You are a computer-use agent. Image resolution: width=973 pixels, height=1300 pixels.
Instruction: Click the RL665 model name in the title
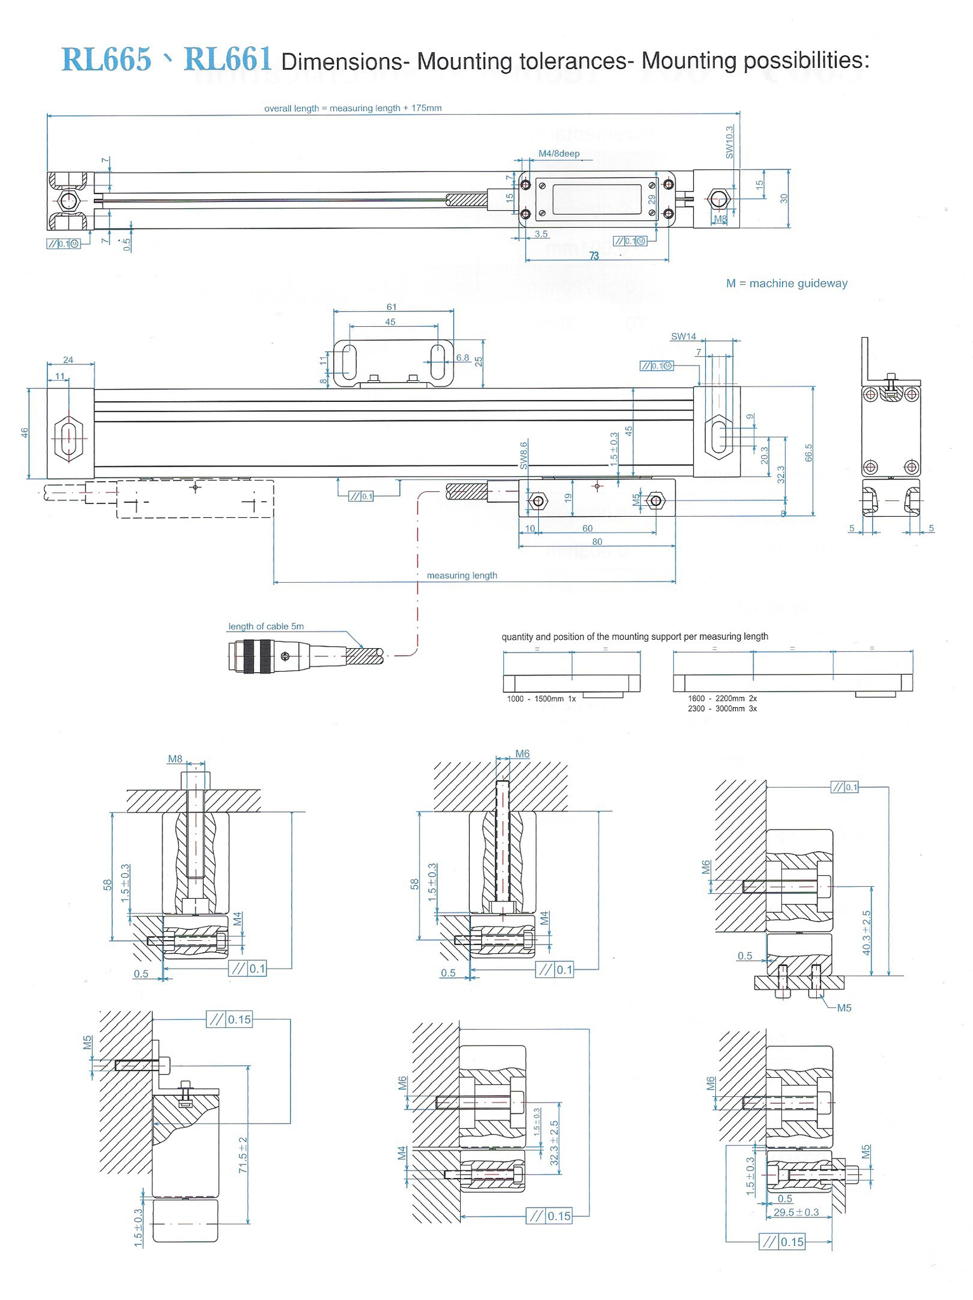pos(107,60)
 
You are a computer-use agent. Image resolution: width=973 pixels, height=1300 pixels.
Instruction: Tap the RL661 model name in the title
pos(228,60)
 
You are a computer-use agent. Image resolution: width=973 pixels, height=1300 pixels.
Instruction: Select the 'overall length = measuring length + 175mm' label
pos(352,109)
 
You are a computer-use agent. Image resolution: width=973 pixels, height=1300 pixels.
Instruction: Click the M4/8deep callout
pos(559,154)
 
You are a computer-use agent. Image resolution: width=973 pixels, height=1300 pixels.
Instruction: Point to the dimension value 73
pos(594,256)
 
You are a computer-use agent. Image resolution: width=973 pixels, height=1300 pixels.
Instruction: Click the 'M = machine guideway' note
pos(786,283)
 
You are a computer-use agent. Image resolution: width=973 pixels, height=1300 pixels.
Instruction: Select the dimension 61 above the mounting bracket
pos(392,307)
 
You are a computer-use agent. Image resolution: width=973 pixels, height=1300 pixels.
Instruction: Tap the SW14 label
pos(683,336)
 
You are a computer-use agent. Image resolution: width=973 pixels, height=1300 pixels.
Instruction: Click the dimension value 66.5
pos(808,454)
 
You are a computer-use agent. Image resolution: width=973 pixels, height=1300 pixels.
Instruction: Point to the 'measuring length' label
pos(461,576)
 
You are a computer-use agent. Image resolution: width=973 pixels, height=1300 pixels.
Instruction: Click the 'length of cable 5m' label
pos(266,627)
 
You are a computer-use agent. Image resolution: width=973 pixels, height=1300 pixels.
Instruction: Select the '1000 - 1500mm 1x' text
pos(541,699)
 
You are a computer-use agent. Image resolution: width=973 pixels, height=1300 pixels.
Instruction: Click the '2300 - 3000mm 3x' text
pos(722,708)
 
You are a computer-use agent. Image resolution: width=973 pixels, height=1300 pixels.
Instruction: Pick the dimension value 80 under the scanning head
pos(597,541)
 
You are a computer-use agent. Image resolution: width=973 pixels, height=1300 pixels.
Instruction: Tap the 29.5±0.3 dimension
pos(796,1212)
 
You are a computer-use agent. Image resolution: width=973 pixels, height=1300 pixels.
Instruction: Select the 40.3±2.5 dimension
pos(866,932)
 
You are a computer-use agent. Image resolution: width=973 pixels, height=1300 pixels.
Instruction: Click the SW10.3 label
pos(729,142)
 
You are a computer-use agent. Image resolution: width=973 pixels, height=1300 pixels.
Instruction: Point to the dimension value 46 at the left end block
pos(24,433)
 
